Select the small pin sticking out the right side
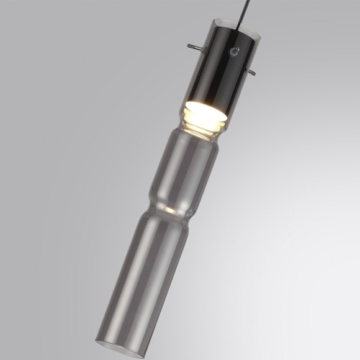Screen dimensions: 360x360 pyautogui.click(x=252, y=73)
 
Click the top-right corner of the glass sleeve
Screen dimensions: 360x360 pyautogui.click(x=257, y=34)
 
